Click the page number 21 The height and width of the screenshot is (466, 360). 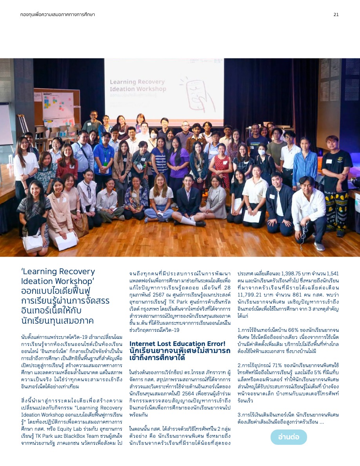pyautogui.click(x=336, y=15)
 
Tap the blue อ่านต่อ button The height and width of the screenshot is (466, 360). pyautogui.click(x=289, y=437)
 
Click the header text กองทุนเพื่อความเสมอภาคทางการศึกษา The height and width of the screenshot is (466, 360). pyautogui.click(x=57, y=15)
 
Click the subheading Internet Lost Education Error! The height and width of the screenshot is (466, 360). pyautogui.click(x=178, y=344)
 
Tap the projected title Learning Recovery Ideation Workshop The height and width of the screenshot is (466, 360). pyautogui.click(x=138, y=86)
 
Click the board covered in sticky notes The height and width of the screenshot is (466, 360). pyautogui.click(x=58, y=106)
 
